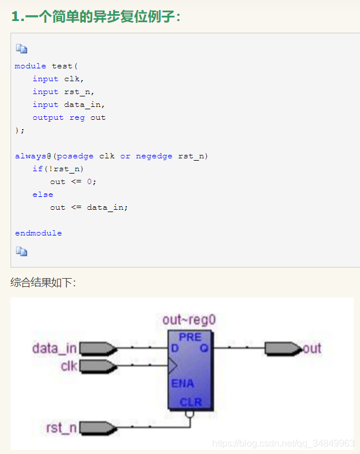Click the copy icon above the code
pos(22,48)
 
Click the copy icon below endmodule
pos(22,252)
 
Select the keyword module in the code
pos(30,66)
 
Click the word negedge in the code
pos(154,156)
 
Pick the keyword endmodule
pos(38,233)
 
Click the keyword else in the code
pos(43,195)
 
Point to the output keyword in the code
pos(48,117)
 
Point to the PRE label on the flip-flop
pos(191,337)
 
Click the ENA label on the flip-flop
pos(182,384)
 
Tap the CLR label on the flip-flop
pos(191,403)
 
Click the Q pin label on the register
pos(205,349)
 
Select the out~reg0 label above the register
pos(189,320)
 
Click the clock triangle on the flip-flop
pos(172,366)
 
